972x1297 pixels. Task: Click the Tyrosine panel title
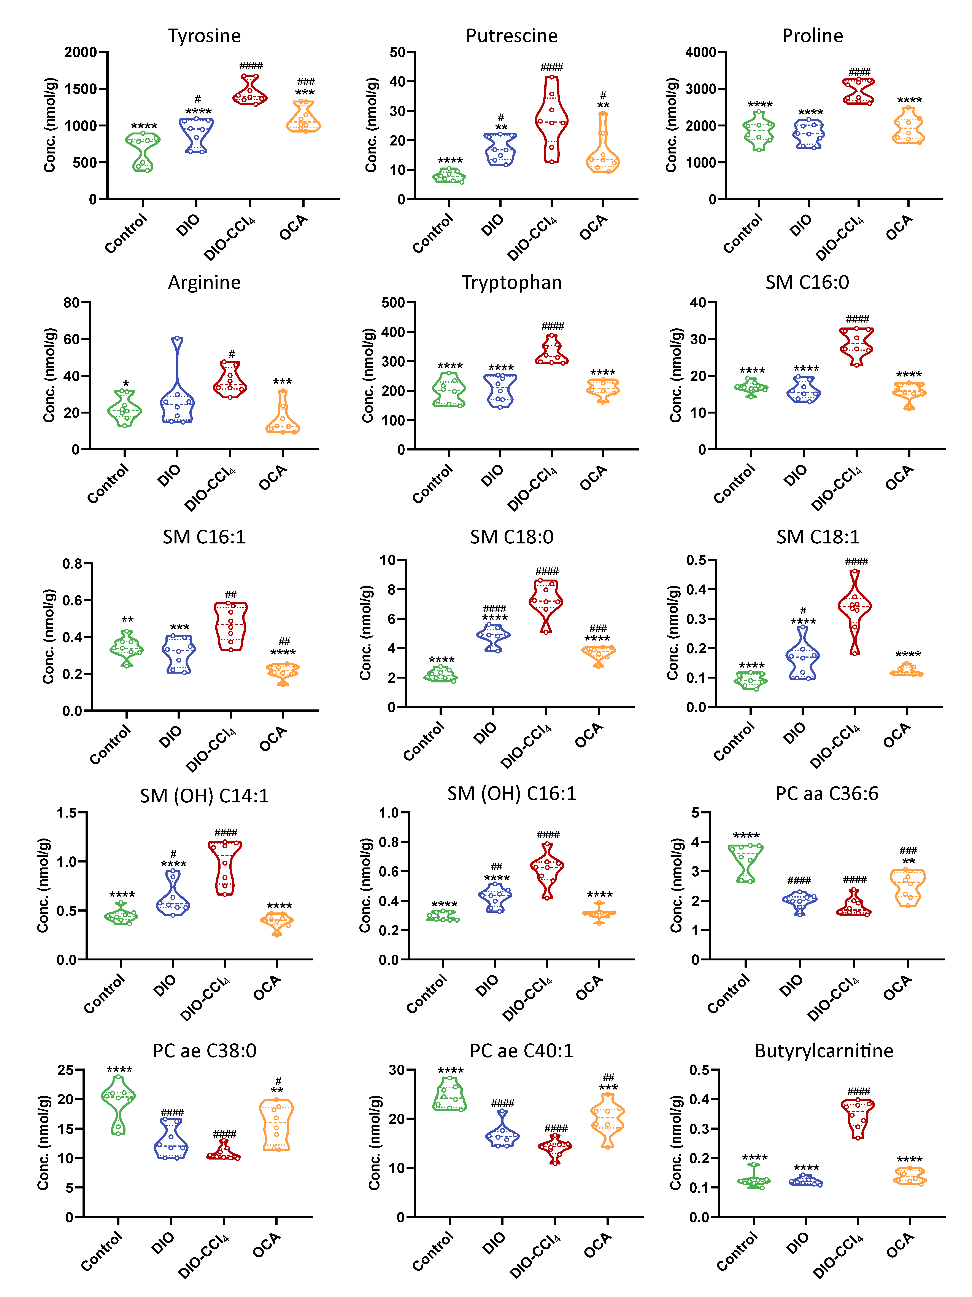pos(205,36)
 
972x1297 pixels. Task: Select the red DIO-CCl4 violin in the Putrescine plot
pos(551,120)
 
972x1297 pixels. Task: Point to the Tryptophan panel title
pos(511,283)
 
